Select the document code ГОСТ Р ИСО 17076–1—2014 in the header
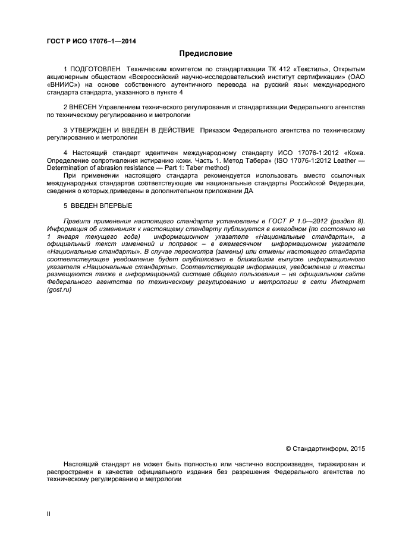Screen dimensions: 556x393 point(92,41)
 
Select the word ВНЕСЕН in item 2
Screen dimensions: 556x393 point(86,107)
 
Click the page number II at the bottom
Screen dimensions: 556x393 point(48,514)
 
